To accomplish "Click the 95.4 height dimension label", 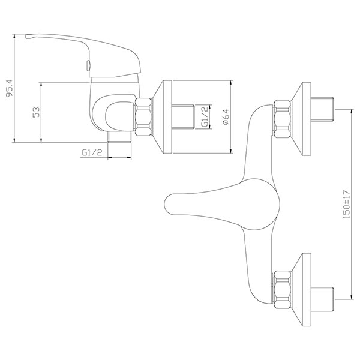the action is [x=10, y=88].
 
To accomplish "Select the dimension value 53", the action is [x=36, y=112].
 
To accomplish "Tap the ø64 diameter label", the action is [x=226, y=117].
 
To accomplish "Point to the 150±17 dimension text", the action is [x=346, y=205].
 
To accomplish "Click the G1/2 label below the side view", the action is [x=92, y=152].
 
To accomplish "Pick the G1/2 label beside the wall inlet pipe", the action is [x=205, y=116].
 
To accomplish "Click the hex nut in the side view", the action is [x=144, y=117].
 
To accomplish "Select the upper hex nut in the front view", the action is [x=283, y=119].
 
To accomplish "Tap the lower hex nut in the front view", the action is [x=283, y=290].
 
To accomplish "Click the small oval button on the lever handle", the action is [x=88, y=65].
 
